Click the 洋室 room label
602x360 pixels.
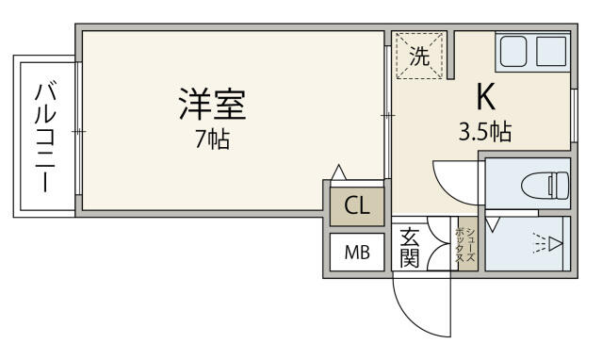tap(212, 104)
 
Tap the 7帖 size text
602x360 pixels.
tap(213, 139)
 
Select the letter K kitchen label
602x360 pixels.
tap(485, 96)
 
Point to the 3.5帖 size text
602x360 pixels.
tap(485, 132)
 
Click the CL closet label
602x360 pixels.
tap(357, 205)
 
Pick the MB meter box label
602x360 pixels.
tap(357, 253)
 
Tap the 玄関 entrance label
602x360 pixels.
tap(409, 248)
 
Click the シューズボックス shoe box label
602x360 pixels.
tap(466, 245)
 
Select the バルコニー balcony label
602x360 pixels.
tap(45, 136)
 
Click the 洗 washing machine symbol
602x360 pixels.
tap(419, 57)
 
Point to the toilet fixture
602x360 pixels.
tap(545, 186)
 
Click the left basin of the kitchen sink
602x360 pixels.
tap(513, 51)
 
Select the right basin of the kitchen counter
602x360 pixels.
tap(551, 51)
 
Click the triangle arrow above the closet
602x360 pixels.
tap(338, 172)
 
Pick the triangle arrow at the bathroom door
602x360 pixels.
tap(492, 224)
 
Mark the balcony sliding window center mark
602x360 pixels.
tap(79, 132)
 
